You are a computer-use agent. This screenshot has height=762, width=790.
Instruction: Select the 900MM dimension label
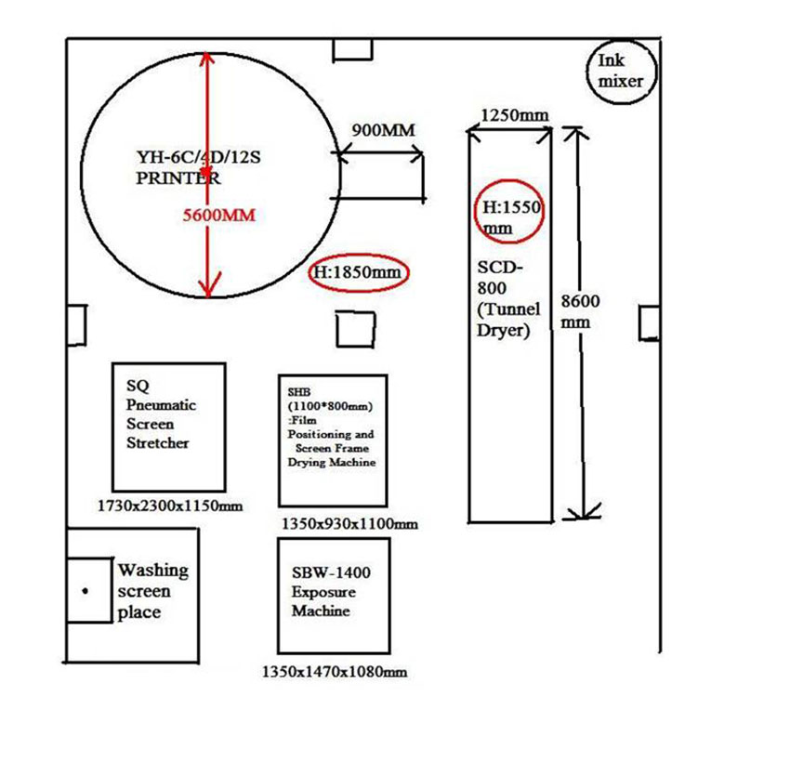[x=383, y=130]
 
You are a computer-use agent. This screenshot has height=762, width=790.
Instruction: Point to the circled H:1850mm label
[x=357, y=272]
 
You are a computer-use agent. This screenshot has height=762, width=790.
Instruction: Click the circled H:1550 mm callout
[x=507, y=215]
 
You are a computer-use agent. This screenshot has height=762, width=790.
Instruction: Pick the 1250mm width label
[x=514, y=114]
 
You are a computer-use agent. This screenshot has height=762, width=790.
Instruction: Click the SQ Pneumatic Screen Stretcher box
[x=168, y=427]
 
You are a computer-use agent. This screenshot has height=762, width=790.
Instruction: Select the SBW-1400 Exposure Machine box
[x=332, y=595]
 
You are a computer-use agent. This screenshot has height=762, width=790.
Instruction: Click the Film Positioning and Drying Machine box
[x=332, y=440]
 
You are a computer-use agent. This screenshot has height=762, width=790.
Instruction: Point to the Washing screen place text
[x=151, y=590]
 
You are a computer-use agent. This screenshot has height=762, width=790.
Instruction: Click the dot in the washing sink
[x=86, y=591]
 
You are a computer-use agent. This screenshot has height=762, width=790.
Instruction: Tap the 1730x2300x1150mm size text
[x=170, y=506]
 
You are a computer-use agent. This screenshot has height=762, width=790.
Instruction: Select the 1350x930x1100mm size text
[x=349, y=524]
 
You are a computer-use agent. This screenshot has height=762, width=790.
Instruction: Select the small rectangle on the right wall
[x=649, y=322]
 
